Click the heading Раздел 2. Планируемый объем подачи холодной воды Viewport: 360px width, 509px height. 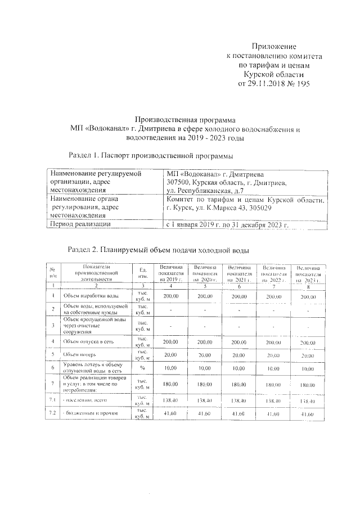click(157, 249)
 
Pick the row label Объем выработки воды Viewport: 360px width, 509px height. click(91, 295)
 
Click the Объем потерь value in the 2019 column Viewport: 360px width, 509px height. click(171, 355)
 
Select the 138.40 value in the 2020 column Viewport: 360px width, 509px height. click(205, 400)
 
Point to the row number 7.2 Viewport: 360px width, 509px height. click(52, 414)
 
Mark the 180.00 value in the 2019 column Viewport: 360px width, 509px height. click(171, 385)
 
